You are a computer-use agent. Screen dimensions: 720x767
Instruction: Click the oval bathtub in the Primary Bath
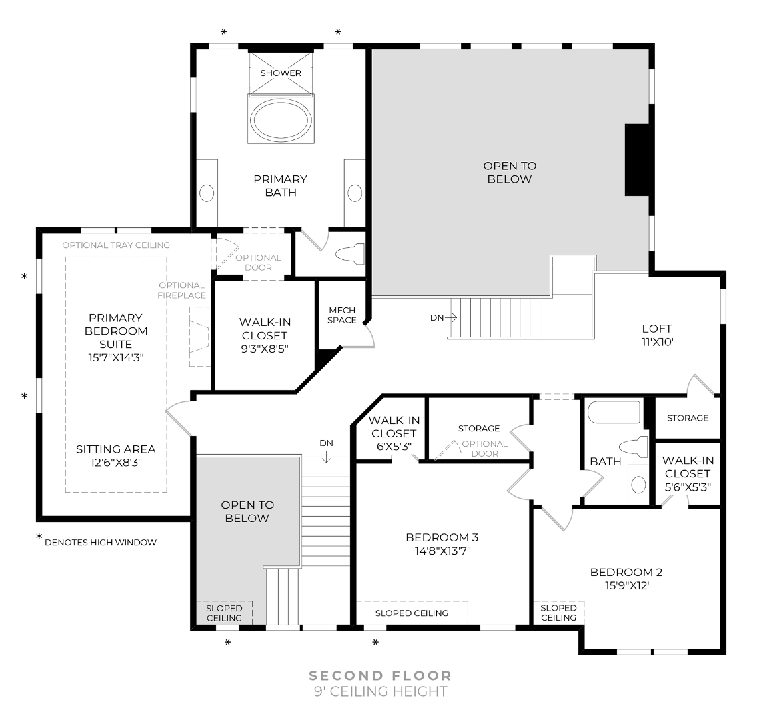[x=280, y=119]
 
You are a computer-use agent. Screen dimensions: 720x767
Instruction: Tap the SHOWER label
[x=281, y=73]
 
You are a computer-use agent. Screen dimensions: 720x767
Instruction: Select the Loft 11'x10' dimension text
[x=656, y=341]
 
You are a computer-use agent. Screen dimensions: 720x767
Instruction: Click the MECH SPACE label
[x=342, y=315]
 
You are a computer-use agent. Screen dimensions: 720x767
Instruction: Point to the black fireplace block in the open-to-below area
[x=636, y=160]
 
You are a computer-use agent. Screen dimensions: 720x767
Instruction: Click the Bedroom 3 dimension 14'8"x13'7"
[x=442, y=551]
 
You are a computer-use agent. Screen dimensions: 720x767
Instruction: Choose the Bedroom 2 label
[x=626, y=572]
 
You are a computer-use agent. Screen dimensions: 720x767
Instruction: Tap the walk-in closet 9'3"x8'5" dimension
[x=264, y=349]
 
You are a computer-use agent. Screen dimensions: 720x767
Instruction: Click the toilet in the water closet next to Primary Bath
[x=349, y=253]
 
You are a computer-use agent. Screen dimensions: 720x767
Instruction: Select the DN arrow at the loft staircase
[x=444, y=318]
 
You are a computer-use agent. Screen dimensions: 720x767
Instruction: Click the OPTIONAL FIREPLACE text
[x=182, y=290]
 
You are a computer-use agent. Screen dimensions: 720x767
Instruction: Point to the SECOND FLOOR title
[x=380, y=676]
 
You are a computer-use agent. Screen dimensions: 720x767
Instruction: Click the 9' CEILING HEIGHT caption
[x=380, y=691]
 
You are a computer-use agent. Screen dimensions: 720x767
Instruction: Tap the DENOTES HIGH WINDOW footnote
[x=100, y=542]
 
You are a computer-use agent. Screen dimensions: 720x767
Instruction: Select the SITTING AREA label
[x=116, y=449]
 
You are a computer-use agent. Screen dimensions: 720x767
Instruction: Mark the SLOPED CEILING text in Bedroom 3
[x=411, y=613]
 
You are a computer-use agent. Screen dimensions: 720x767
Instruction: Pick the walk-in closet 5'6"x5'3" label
[x=687, y=473]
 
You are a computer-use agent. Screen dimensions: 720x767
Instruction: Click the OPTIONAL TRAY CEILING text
[x=116, y=245]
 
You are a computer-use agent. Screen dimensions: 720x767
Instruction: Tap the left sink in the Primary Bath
[x=207, y=193]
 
